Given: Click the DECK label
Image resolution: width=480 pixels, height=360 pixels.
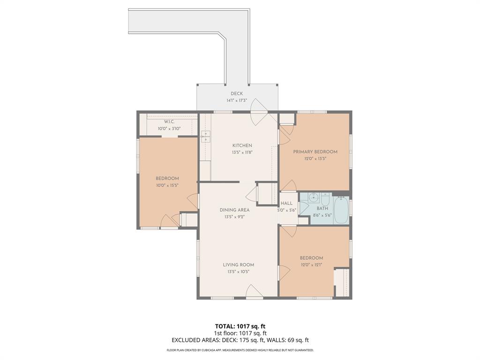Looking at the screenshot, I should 237,94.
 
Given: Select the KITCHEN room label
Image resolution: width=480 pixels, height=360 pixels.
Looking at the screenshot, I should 242,146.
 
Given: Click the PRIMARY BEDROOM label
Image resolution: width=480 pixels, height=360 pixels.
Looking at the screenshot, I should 315,152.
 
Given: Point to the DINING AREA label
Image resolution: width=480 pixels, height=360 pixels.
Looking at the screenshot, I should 234,210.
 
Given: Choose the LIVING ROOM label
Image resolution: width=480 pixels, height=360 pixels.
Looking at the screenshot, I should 238,265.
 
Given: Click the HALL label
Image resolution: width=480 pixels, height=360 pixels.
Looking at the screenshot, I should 286,203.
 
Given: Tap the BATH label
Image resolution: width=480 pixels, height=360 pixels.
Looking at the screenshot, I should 322,208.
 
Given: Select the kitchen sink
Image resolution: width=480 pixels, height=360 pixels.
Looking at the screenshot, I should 205,136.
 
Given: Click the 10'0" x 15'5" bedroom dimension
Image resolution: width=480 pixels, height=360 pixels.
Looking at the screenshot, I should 167,185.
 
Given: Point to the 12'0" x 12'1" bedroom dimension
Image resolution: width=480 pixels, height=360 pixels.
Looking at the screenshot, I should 311,265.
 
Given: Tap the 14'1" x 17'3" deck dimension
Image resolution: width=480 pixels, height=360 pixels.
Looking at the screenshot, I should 237,100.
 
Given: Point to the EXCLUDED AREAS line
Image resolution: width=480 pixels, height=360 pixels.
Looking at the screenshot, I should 240,340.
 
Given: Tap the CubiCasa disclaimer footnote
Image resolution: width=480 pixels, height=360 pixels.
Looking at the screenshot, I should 240,350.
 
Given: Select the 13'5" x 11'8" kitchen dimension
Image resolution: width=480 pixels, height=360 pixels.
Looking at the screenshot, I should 242,152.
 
